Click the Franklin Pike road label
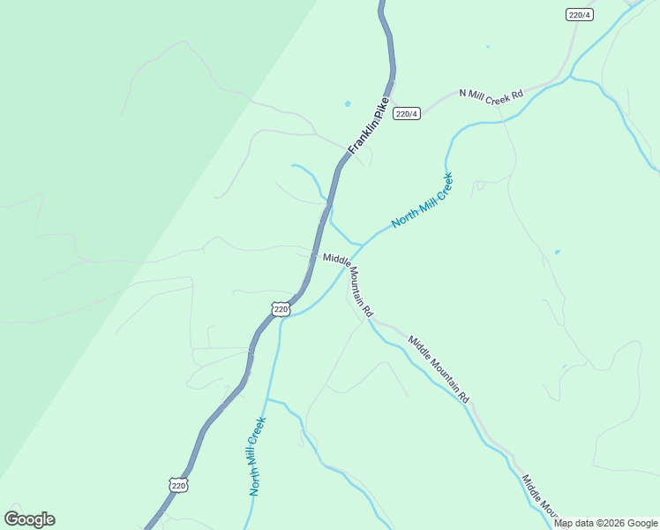[369, 126]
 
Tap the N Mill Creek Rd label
[491, 95]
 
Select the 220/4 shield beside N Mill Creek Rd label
[407, 114]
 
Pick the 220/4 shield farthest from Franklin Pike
[578, 14]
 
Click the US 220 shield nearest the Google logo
[178, 485]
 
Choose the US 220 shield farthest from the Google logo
[281, 308]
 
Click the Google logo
[29, 519]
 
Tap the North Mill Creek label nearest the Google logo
[257, 456]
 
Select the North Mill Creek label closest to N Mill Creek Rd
[423, 201]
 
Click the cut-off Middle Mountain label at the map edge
[540, 498]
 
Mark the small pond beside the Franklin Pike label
[349, 104]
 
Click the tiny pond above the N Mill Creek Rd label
[487, 47]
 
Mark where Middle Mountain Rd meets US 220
[316, 254]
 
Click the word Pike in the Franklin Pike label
[380, 109]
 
